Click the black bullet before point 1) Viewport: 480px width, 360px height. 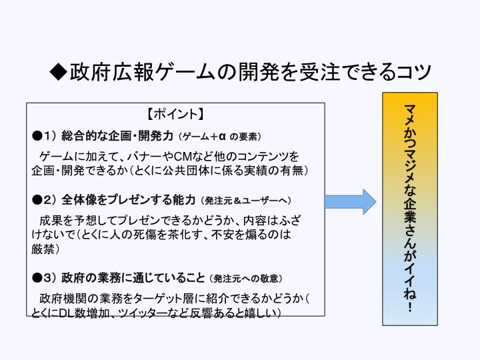37,135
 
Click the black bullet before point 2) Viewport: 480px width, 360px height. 37,199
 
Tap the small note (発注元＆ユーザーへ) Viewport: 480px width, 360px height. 247,200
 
